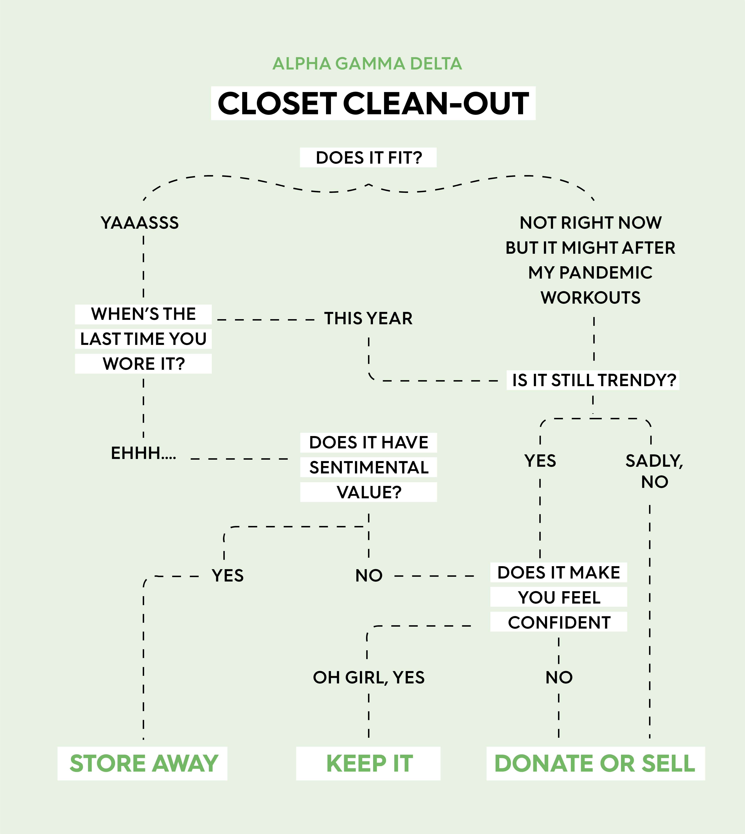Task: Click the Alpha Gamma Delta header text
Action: pos(367,64)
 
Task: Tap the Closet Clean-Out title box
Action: pos(373,103)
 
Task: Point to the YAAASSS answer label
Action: pos(140,223)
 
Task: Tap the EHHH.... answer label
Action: pos(143,453)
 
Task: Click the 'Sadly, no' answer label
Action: pos(654,471)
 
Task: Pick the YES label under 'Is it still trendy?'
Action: pos(540,461)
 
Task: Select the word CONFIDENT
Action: pos(559,623)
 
